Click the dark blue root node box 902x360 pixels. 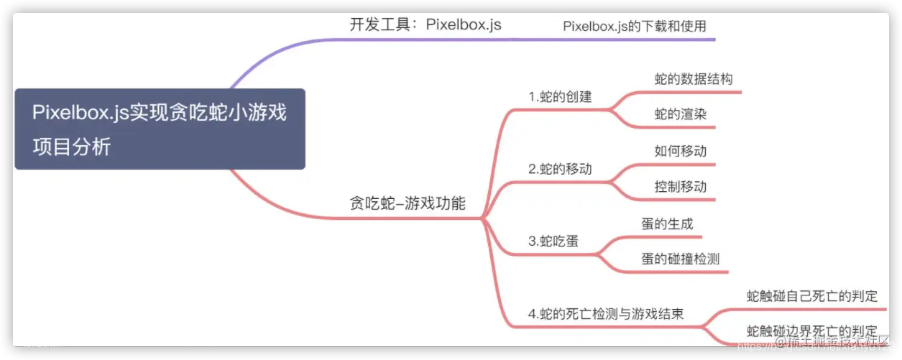pos(160,129)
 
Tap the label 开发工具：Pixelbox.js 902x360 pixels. pos(425,24)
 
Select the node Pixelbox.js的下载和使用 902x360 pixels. pos(639,26)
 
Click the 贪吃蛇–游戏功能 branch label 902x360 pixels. pos(407,203)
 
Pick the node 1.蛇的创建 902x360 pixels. pos(560,96)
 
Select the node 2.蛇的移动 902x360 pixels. pos(560,170)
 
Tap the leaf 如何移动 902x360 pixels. pos(680,151)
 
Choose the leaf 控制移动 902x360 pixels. pos(680,187)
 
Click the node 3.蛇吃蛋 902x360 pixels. pos(553,241)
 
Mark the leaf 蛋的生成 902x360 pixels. pos(667,223)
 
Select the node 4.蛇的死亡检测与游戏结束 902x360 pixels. pos(605,314)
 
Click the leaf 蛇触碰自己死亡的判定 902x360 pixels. pos(812,296)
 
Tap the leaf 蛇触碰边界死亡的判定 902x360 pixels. pos(812,331)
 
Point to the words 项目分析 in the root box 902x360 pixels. pos(72,147)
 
